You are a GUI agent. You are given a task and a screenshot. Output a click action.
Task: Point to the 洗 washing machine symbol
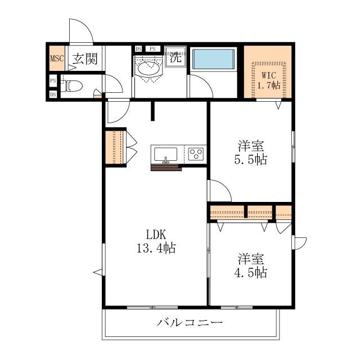(x=176, y=56)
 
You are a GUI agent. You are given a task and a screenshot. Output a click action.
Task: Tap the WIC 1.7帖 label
(x=269, y=79)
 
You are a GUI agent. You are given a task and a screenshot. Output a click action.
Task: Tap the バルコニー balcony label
(x=190, y=323)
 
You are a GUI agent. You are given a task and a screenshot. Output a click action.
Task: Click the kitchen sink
(x=165, y=154)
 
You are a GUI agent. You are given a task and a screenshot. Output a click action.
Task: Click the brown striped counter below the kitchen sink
(x=166, y=166)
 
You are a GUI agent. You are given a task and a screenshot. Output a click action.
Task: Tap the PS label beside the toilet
(x=53, y=81)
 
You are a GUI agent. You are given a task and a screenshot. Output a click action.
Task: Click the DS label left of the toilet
(x=53, y=94)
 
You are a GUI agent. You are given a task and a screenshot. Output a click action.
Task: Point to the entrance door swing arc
(x=79, y=29)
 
